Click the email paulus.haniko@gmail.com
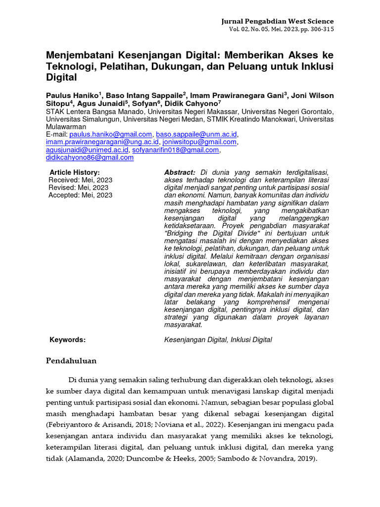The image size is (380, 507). pyautogui.click(x=111, y=134)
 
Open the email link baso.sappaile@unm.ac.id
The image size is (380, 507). pyautogui.click(x=197, y=134)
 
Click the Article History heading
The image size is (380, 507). pyautogui.click(x=75, y=172)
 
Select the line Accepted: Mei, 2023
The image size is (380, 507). pyautogui.click(x=81, y=195)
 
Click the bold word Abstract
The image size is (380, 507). pyautogui.click(x=180, y=172)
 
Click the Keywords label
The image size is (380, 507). pyautogui.click(x=68, y=340)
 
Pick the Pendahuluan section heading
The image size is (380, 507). pyautogui.click(x=72, y=360)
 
